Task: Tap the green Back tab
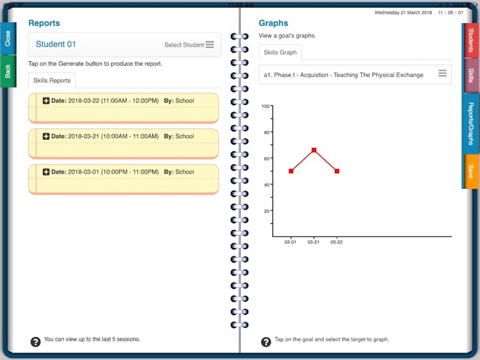[x=8, y=71]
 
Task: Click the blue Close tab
[x=8, y=38]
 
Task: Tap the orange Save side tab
[x=470, y=172]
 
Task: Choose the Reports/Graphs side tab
[x=470, y=124]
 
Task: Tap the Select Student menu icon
[x=210, y=45]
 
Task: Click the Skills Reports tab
[x=52, y=81]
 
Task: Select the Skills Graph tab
[x=280, y=53]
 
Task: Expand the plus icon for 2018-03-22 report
[x=46, y=101]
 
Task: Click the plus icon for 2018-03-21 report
[x=46, y=136]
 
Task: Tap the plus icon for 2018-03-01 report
[x=46, y=172]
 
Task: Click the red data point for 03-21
[x=314, y=150]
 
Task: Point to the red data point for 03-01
[x=291, y=171]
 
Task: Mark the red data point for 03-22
[x=337, y=171]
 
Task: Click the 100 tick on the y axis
[x=266, y=106]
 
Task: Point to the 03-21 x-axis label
[x=314, y=242]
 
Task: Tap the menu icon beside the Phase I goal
[x=442, y=74]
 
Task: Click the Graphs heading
[x=273, y=23]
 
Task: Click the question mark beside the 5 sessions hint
[x=35, y=341]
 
